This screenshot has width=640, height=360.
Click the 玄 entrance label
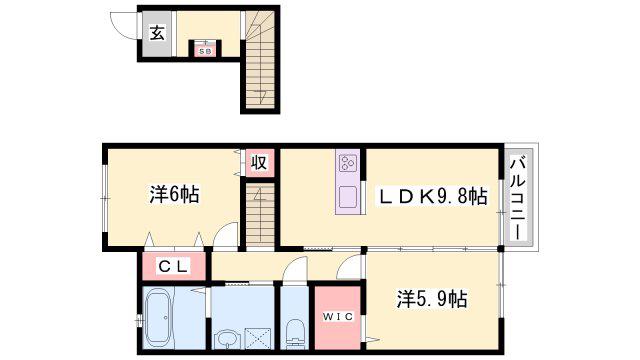(x=157, y=33)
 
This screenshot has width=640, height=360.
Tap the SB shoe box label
(x=204, y=52)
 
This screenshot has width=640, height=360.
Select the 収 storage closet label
(x=259, y=162)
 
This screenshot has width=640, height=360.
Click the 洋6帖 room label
(x=174, y=195)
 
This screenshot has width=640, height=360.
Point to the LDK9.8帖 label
(x=433, y=196)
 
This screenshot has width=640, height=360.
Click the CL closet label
(x=173, y=267)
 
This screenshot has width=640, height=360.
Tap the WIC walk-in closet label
(x=338, y=316)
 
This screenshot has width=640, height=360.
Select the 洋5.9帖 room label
(x=432, y=299)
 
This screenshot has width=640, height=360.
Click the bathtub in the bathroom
(x=158, y=317)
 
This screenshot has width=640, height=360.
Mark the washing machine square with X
(x=257, y=338)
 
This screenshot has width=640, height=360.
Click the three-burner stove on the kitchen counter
(x=348, y=163)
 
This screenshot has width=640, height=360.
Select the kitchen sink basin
(x=348, y=197)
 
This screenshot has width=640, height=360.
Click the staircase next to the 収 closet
(x=260, y=216)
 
